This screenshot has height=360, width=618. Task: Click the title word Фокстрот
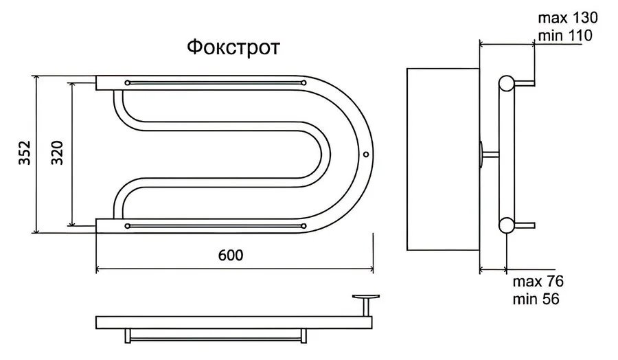pos(233,49)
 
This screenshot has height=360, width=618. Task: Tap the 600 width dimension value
pos(231,254)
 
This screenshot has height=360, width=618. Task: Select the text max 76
pos(538,282)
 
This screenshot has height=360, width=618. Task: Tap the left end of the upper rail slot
pos(128,83)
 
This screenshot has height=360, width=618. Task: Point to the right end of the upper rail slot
pos(303,83)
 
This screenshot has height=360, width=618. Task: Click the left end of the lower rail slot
pos(128,225)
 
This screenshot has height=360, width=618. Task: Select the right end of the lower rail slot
pos(303,225)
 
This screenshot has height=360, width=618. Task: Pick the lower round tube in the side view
pos(507,225)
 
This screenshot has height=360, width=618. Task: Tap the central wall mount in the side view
pos(488,154)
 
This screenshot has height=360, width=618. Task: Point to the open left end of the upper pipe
pos(98,83)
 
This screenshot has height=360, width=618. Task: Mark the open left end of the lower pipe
pos(98,225)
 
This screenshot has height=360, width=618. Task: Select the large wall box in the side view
pos(443,159)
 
